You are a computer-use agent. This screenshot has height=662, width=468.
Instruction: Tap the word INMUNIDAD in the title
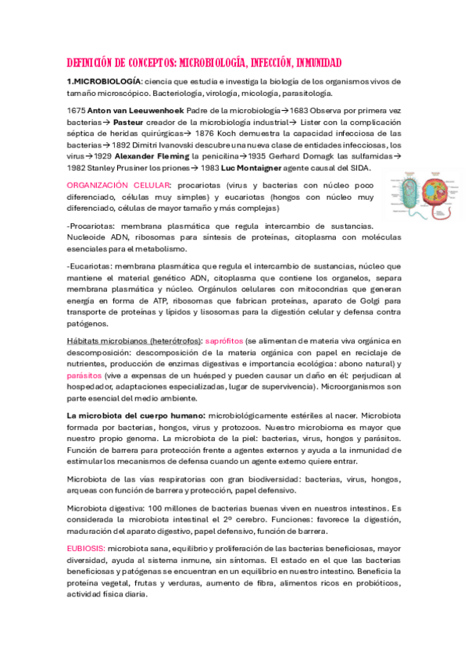(309, 62)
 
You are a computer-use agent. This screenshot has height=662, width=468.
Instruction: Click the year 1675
(77, 112)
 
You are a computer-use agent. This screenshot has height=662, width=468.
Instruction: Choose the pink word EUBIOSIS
(87, 549)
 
